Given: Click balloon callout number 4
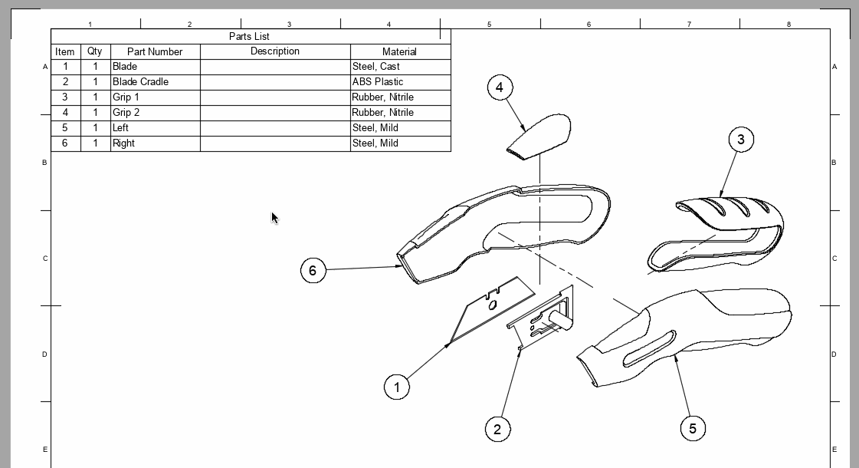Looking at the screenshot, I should (500, 87).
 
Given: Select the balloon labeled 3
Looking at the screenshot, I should (740, 139).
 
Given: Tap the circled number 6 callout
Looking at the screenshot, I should (313, 270).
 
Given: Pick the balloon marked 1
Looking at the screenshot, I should (396, 387).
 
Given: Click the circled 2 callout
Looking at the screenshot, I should (497, 429).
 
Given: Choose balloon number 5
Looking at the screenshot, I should (693, 428).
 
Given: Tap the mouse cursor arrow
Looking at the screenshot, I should (274, 218).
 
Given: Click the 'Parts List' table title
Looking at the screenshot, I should (249, 36).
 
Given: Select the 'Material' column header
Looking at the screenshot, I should (399, 51).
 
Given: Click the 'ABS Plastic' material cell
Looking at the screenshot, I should (378, 82).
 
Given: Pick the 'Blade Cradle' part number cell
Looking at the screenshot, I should (141, 82).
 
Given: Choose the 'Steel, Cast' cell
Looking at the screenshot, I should (375, 67).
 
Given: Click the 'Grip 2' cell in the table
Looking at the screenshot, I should (126, 113).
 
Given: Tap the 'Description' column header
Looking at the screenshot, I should (274, 51).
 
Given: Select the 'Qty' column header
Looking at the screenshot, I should (94, 51).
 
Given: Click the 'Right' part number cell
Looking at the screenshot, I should (123, 143).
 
